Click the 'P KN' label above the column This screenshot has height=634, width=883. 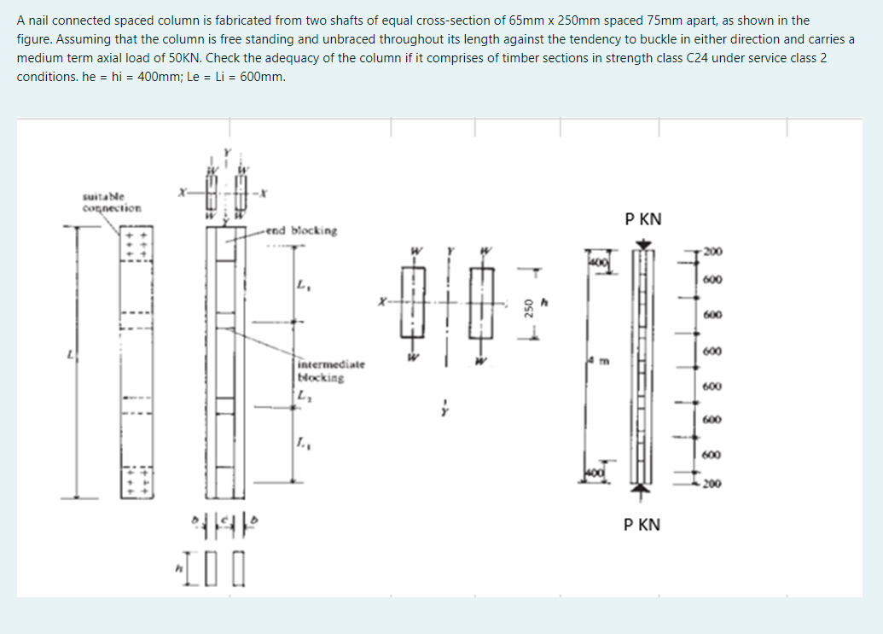pyautogui.click(x=642, y=219)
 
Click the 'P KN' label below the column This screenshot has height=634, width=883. pyautogui.click(x=642, y=524)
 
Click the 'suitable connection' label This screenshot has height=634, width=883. pyautogui.click(x=102, y=201)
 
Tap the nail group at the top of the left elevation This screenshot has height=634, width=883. pyautogui.click(x=133, y=243)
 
